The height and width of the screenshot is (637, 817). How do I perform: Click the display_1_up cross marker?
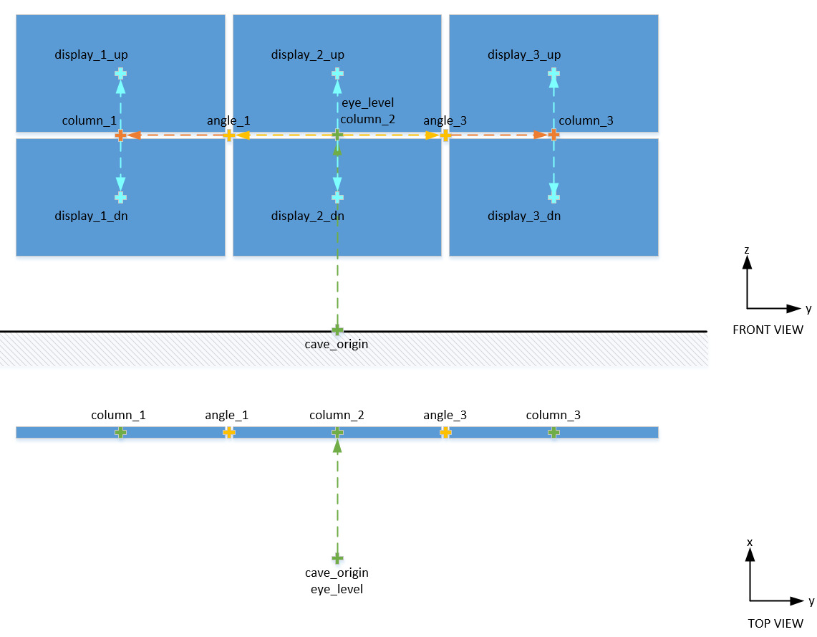[x=120, y=73]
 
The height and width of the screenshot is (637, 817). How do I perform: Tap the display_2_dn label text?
[x=308, y=216]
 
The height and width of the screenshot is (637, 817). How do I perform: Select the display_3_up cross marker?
[x=553, y=73]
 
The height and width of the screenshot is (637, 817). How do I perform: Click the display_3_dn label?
[x=524, y=216]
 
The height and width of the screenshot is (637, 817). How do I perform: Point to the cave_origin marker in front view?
[x=337, y=330]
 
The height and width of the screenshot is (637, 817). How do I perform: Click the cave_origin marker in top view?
[x=337, y=557]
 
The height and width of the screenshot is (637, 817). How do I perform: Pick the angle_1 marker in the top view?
[x=228, y=432]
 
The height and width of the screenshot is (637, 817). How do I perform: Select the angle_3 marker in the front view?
[x=445, y=135]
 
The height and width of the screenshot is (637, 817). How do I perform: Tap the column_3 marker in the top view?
[x=553, y=432]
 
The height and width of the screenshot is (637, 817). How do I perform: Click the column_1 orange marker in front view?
[x=120, y=135]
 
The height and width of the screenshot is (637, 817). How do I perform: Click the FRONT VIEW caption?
[x=768, y=330]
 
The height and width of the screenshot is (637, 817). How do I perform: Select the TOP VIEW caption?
[x=775, y=623]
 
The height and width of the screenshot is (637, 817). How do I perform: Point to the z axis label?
[x=747, y=249]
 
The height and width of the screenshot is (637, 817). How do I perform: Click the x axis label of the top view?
[x=750, y=542]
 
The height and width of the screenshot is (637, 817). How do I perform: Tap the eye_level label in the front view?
[x=367, y=102]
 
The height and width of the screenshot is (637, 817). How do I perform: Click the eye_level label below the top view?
[x=337, y=589]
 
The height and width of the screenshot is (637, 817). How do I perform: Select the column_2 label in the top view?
[x=337, y=415]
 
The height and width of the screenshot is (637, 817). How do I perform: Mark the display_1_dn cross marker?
[x=120, y=196]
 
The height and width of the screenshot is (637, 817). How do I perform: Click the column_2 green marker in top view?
[x=337, y=432]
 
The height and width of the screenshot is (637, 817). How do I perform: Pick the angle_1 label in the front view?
[x=228, y=120]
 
